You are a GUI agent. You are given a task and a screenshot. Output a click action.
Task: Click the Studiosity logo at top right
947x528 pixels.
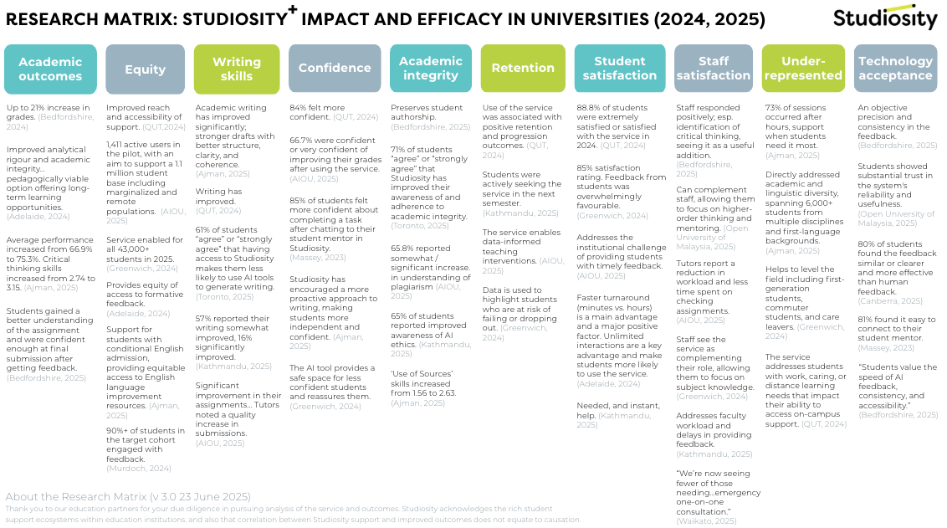[885, 18]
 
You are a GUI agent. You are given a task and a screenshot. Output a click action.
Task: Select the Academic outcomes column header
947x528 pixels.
[50, 69]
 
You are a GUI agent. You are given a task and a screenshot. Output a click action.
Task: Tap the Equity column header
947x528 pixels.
[145, 69]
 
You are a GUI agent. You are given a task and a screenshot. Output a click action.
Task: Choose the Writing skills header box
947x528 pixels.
[237, 69]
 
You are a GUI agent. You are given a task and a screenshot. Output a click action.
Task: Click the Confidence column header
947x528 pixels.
[335, 69]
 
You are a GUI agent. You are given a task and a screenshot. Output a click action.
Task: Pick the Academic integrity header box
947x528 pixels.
[430, 69]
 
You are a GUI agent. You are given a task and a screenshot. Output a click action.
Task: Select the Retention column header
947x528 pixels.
[523, 69]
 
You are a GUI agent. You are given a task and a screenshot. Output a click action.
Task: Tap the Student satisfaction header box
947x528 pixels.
[619, 69]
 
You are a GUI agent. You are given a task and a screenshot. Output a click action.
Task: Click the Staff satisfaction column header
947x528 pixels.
[714, 69]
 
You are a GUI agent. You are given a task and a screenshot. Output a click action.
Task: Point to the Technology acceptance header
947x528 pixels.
[895, 69]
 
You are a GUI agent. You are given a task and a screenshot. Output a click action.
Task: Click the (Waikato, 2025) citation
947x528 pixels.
[706, 521]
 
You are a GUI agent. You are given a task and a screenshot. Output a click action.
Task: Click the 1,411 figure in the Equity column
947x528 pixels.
[118, 144]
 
